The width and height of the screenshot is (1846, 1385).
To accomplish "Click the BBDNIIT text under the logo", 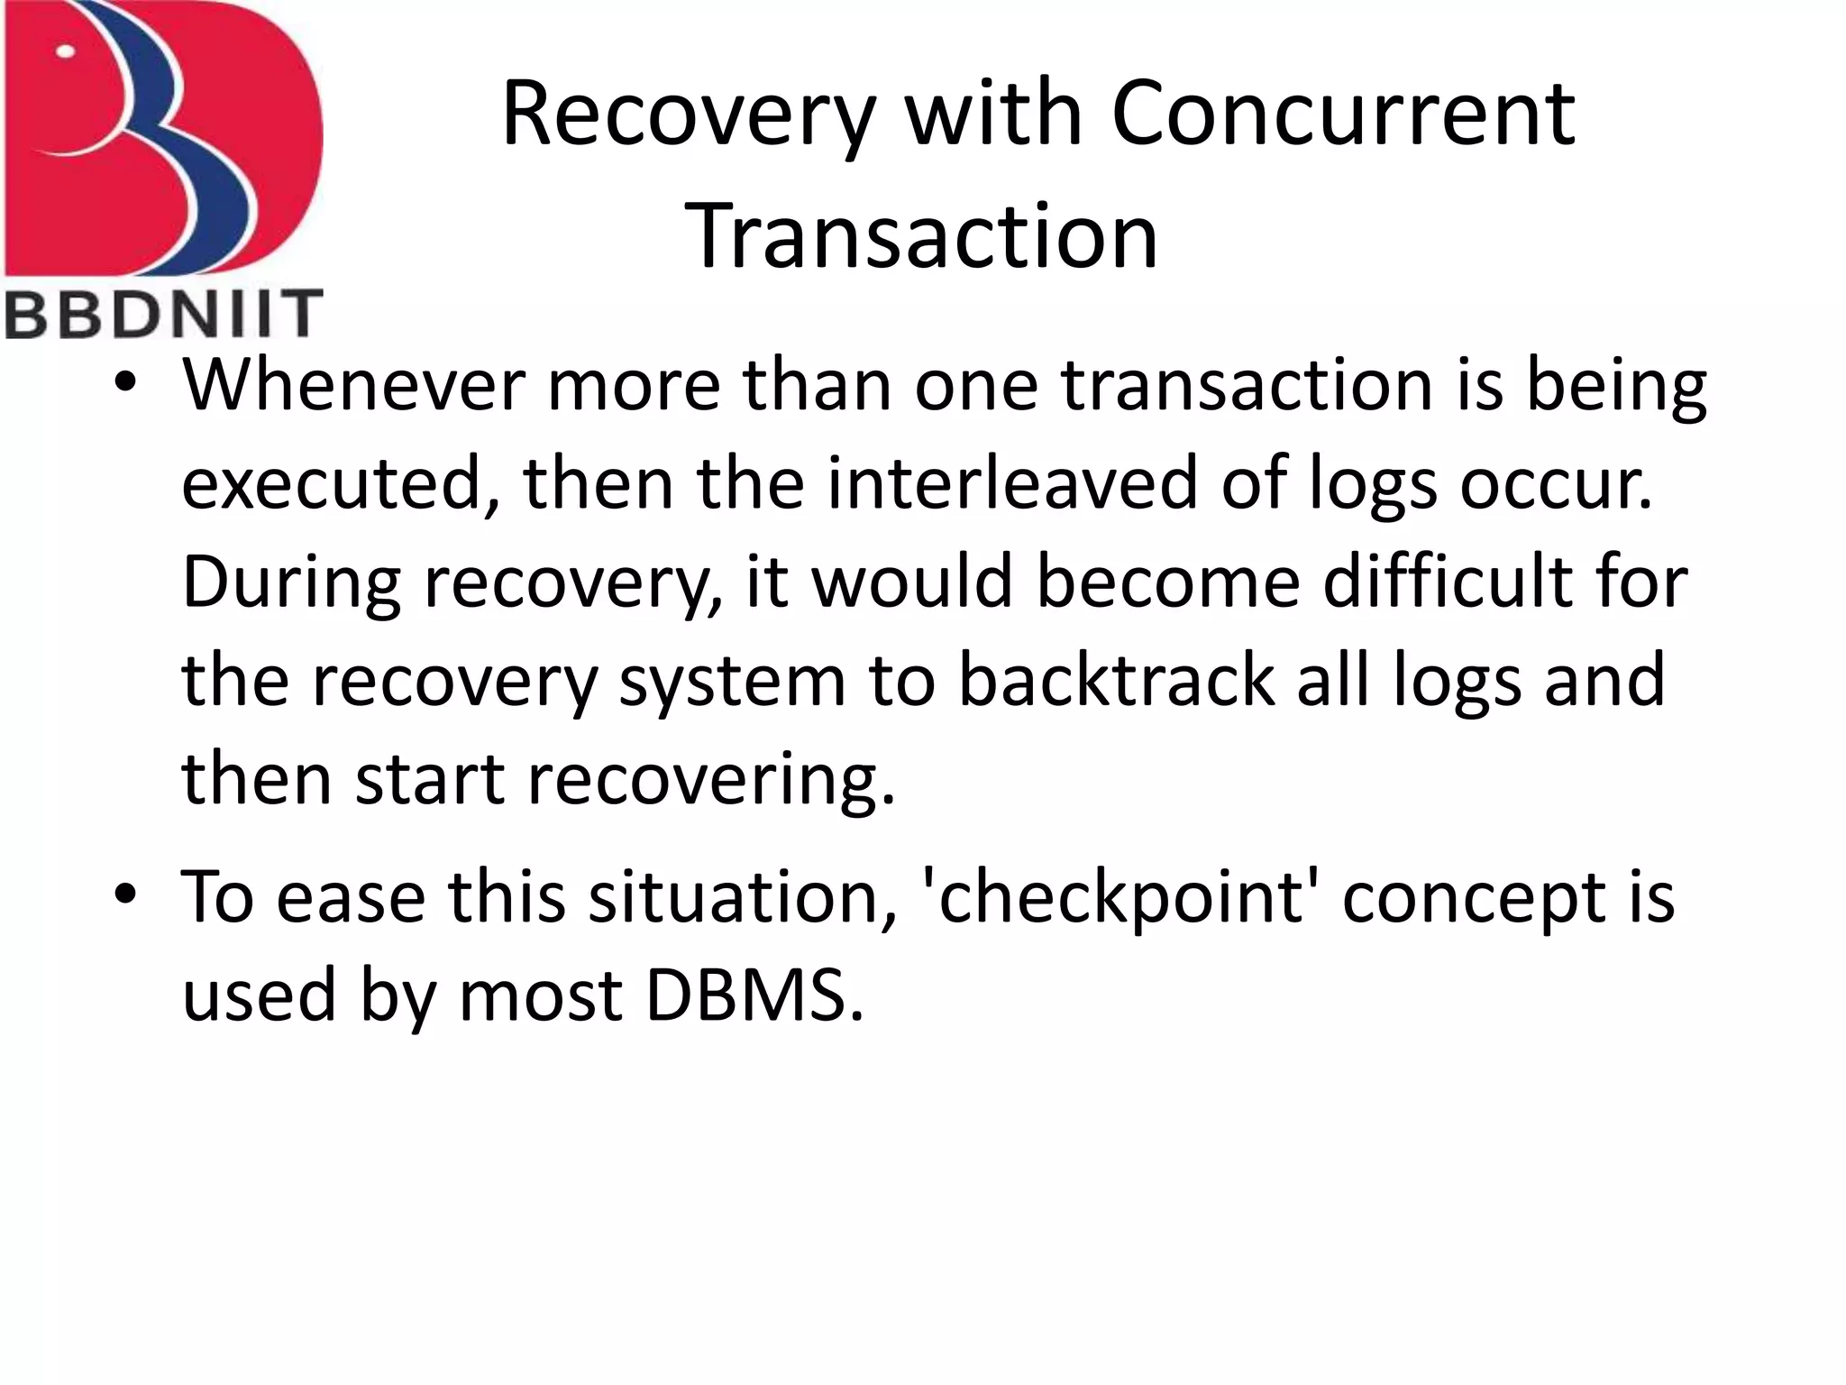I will coord(164,314).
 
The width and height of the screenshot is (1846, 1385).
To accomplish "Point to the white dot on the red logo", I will coord(65,51).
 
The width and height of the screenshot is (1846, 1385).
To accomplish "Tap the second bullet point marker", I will coord(125,895).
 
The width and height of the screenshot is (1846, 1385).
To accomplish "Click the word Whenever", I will coord(353,385).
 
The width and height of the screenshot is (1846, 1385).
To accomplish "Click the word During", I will coord(290,582).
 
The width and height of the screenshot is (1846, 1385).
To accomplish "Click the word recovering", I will coord(710,780).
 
